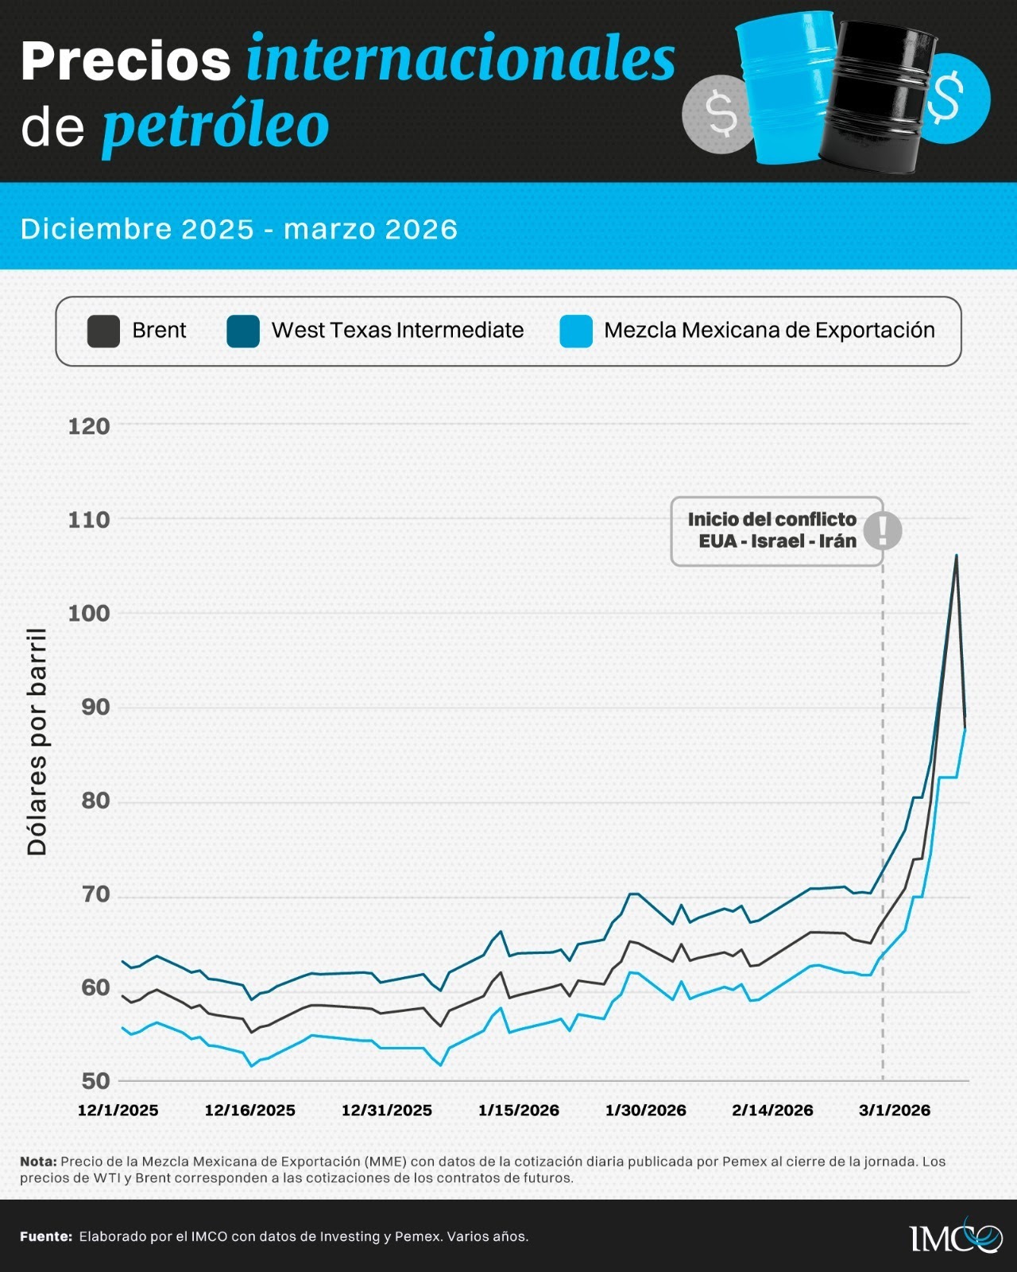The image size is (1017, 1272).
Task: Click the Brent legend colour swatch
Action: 103,331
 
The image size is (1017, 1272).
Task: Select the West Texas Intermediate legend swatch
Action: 243,331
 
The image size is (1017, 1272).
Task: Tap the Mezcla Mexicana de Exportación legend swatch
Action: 576,331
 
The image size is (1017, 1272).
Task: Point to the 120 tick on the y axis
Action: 89,426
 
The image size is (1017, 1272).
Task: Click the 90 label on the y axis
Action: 95,707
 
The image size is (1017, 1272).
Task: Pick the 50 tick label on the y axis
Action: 95,1080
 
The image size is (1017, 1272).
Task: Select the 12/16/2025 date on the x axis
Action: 249,1110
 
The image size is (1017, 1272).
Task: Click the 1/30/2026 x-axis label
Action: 645,1110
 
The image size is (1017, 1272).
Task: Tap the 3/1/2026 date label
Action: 894,1110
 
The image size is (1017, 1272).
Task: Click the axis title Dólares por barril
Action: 37,742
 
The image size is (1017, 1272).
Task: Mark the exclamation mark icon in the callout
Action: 882,530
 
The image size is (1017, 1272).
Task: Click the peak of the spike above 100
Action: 956,556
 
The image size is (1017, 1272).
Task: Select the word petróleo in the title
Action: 215,126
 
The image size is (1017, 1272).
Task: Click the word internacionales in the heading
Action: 460,60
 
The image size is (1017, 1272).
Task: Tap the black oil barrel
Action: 878,95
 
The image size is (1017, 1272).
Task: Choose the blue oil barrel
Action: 787,87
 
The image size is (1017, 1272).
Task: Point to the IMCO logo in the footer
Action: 956,1235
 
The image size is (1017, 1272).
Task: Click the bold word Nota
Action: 38,1161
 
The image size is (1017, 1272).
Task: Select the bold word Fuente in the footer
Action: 46,1236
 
